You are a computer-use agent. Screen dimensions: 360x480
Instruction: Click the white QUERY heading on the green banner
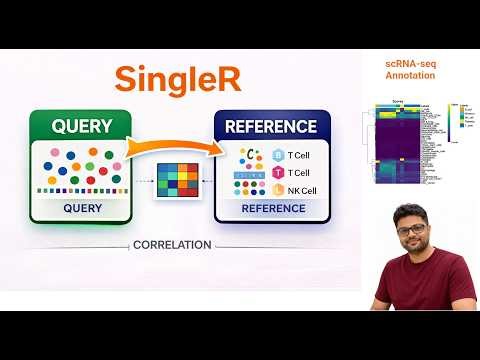80,126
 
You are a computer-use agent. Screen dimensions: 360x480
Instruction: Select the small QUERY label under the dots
81,209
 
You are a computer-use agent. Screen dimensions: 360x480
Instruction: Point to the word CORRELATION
176,244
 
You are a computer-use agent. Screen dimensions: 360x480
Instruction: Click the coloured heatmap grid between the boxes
177,183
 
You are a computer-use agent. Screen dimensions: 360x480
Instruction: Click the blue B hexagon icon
278,156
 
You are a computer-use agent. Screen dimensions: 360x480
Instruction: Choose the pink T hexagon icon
278,173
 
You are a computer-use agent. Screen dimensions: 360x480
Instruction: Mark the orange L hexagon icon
278,190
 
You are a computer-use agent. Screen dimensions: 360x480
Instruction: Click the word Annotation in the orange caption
410,75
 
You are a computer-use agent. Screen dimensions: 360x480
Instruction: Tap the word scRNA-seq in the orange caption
410,63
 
